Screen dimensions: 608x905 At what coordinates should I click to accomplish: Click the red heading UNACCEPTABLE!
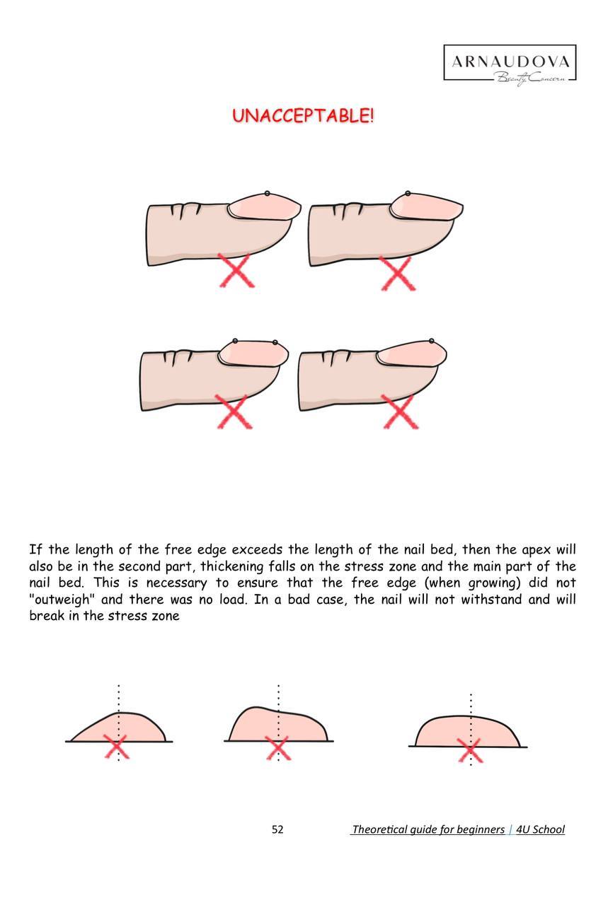tap(303, 116)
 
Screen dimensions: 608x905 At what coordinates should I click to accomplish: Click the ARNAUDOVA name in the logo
tap(510, 62)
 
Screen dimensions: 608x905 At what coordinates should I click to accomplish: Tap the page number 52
tap(277, 829)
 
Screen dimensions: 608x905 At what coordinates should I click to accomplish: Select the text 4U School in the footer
tap(540, 829)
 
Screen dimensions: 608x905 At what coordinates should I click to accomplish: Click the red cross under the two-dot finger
tap(234, 411)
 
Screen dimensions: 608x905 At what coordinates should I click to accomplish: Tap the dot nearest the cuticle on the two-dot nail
tap(235, 341)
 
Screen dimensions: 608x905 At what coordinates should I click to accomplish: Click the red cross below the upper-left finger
tap(236, 270)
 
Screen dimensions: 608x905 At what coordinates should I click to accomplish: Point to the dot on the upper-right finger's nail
tap(408, 193)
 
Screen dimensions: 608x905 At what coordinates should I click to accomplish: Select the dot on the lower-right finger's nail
tap(432, 341)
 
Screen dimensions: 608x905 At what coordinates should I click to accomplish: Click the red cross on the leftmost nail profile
tap(117, 747)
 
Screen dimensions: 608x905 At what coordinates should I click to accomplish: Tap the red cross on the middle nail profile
tap(277, 747)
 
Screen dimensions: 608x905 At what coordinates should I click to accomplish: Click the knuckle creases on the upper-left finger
tap(185, 210)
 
